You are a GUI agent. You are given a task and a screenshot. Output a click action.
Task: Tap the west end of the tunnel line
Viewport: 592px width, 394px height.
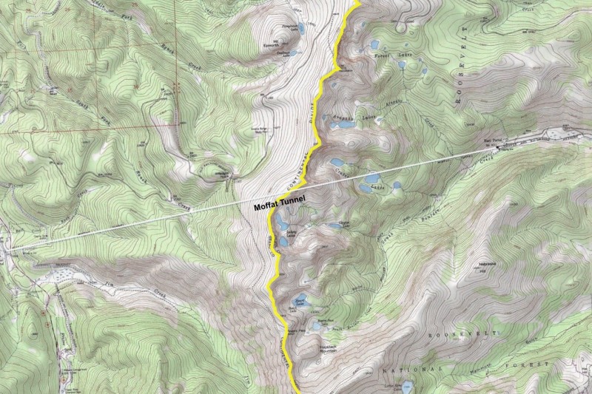point(10,250)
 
